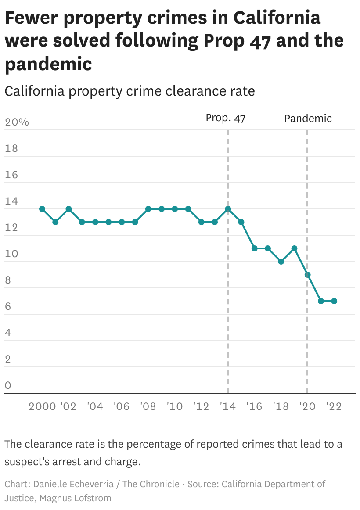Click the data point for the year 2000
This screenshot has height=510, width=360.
pyautogui.click(x=42, y=209)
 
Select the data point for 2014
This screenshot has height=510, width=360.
pyautogui.click(x=228, y=209)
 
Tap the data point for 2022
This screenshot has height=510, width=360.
pyautogui.click(x=334, y=301)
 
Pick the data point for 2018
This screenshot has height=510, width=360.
pyautogui.click(x=281, y=262)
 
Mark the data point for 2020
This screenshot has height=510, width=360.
pyautogui.click(x=308, y=275)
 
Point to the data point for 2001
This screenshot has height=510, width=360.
pyautogui.click(x=55, y=222)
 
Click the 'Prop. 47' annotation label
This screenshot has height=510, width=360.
pyautogui.click(x=225, y=118)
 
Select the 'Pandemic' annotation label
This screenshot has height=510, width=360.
pyautogui.click(x=308, y=118)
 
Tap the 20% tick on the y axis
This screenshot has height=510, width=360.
pyautogui.click(x=17, y=122)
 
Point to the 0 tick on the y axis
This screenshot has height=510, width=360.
pyautogui.click(x=8, y=386)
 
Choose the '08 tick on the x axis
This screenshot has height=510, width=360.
pyautogui.click(x=148, y=406)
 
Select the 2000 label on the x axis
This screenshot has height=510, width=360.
pyautogui.click(x=43, y=406)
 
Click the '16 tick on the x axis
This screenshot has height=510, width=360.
pyautogui.click(x=254, y=406)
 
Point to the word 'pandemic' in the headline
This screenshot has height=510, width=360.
pyautogui.click(x=48, y=64)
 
